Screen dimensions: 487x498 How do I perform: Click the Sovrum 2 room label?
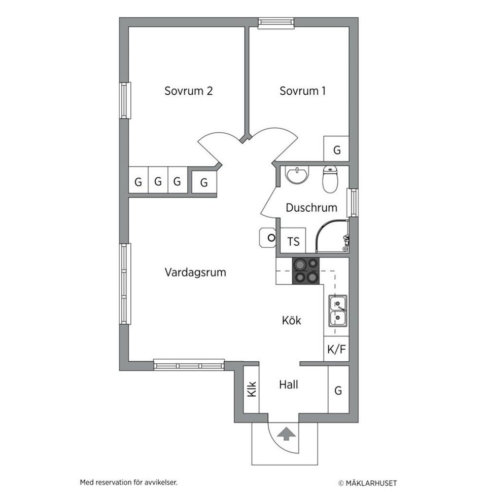point(188,91)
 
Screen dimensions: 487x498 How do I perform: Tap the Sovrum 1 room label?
point(302,91)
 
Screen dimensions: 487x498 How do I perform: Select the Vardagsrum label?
point(195,272)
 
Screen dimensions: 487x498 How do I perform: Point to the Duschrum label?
point(311,207)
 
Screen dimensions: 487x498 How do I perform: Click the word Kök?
point(291,320)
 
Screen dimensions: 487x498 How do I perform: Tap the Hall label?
point(289,385)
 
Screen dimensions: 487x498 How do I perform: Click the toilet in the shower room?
point(330,179)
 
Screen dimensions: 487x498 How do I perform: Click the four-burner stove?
point(306,271)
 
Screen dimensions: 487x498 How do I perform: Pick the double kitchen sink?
point(338,311)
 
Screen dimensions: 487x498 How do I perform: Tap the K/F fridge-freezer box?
point(336,349)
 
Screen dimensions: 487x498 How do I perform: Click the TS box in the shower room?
point(293,241)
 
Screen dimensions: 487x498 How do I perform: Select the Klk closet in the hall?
point(251,390)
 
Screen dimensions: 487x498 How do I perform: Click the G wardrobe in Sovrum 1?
point(336,148)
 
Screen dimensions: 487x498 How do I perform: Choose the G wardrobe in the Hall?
point(338,390)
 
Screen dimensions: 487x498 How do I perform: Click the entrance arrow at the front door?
point(286,434)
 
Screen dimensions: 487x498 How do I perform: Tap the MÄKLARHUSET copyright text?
point(367,483)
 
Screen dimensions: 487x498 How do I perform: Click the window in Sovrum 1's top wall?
point(276,22)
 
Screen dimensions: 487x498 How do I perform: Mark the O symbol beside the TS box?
point(271,238)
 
